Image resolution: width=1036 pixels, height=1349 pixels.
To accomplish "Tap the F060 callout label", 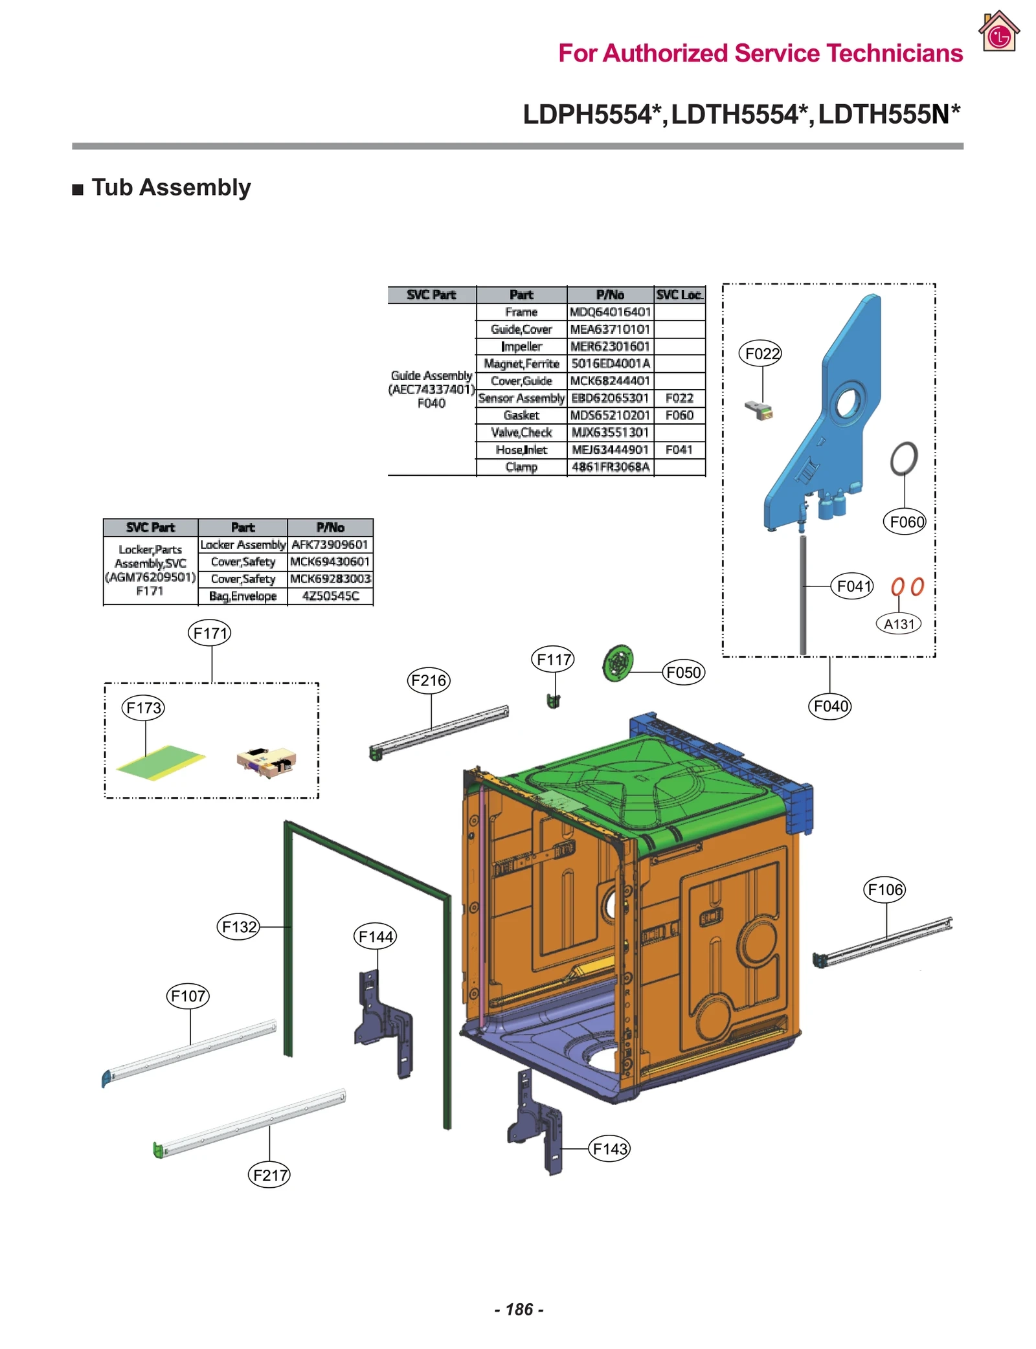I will tap(904, 522).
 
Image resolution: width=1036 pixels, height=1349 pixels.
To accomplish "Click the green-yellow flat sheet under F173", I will tap(161, 763).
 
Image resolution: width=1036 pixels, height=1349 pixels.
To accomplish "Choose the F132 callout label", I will tap(238, 927).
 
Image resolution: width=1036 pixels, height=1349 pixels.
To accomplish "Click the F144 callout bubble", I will tap(375, 936).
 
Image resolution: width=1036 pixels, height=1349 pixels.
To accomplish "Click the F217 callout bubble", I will tap(269, 1175).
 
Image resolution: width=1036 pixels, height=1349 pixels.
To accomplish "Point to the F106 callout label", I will tap(884, 890).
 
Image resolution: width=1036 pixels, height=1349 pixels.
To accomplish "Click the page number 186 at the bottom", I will tap(518, 1310).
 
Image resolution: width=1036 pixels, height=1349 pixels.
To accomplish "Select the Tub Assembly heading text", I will tap(170, 188).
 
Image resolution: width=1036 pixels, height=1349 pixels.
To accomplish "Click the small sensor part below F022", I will tap(759, 410).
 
